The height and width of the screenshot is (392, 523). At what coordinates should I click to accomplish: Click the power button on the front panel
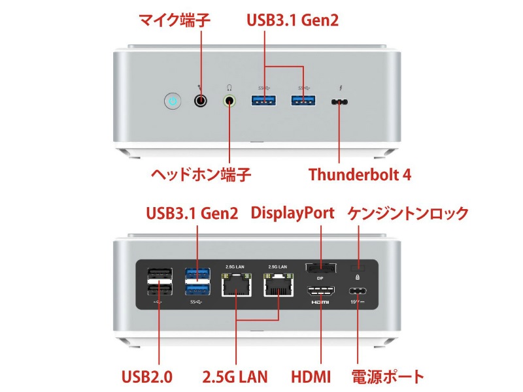pos(172,101)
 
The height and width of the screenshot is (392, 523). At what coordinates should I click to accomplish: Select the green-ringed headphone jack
pos(229,101)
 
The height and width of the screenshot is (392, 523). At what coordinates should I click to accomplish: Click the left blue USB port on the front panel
pos(265,100)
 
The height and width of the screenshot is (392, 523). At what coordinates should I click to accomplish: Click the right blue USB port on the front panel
pos(303,100)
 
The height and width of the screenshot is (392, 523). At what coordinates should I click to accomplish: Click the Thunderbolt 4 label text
pos(359,174)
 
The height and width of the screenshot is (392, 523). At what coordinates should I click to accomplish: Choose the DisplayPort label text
pos(292,213)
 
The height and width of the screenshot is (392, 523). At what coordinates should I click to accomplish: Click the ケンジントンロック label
pos(407,213)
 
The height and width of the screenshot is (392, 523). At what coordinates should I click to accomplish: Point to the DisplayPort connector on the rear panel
pos(320,268)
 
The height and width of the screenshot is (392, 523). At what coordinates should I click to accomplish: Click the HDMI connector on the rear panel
pos(320,292)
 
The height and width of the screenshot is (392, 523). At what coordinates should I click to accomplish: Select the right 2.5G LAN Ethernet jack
pos(278,285)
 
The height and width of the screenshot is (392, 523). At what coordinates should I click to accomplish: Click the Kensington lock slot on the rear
pos(357,268)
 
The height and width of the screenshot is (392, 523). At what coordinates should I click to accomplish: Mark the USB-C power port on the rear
pos(358,291)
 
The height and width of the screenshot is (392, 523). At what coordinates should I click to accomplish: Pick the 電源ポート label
pos(388,377)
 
